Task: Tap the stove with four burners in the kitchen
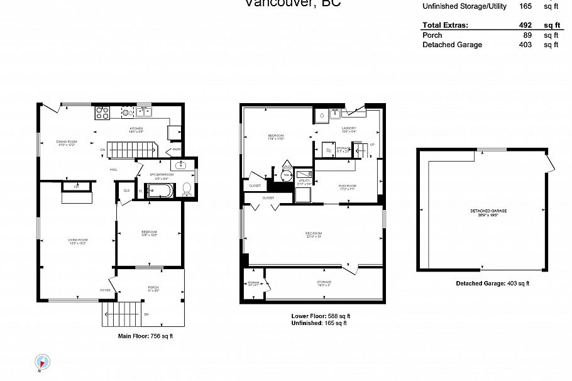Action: (102, 113)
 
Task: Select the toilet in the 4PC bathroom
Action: (187, 188)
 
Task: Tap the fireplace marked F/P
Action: (76, 187)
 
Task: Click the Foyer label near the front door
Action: (105, 290)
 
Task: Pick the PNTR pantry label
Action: (177, 149)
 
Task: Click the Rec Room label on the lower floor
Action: (314, 234)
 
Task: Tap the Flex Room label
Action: (347, 186)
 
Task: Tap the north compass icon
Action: (43, 362)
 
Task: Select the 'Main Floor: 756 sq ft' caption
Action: (145, 336)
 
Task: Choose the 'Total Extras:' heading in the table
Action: (445, 26)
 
